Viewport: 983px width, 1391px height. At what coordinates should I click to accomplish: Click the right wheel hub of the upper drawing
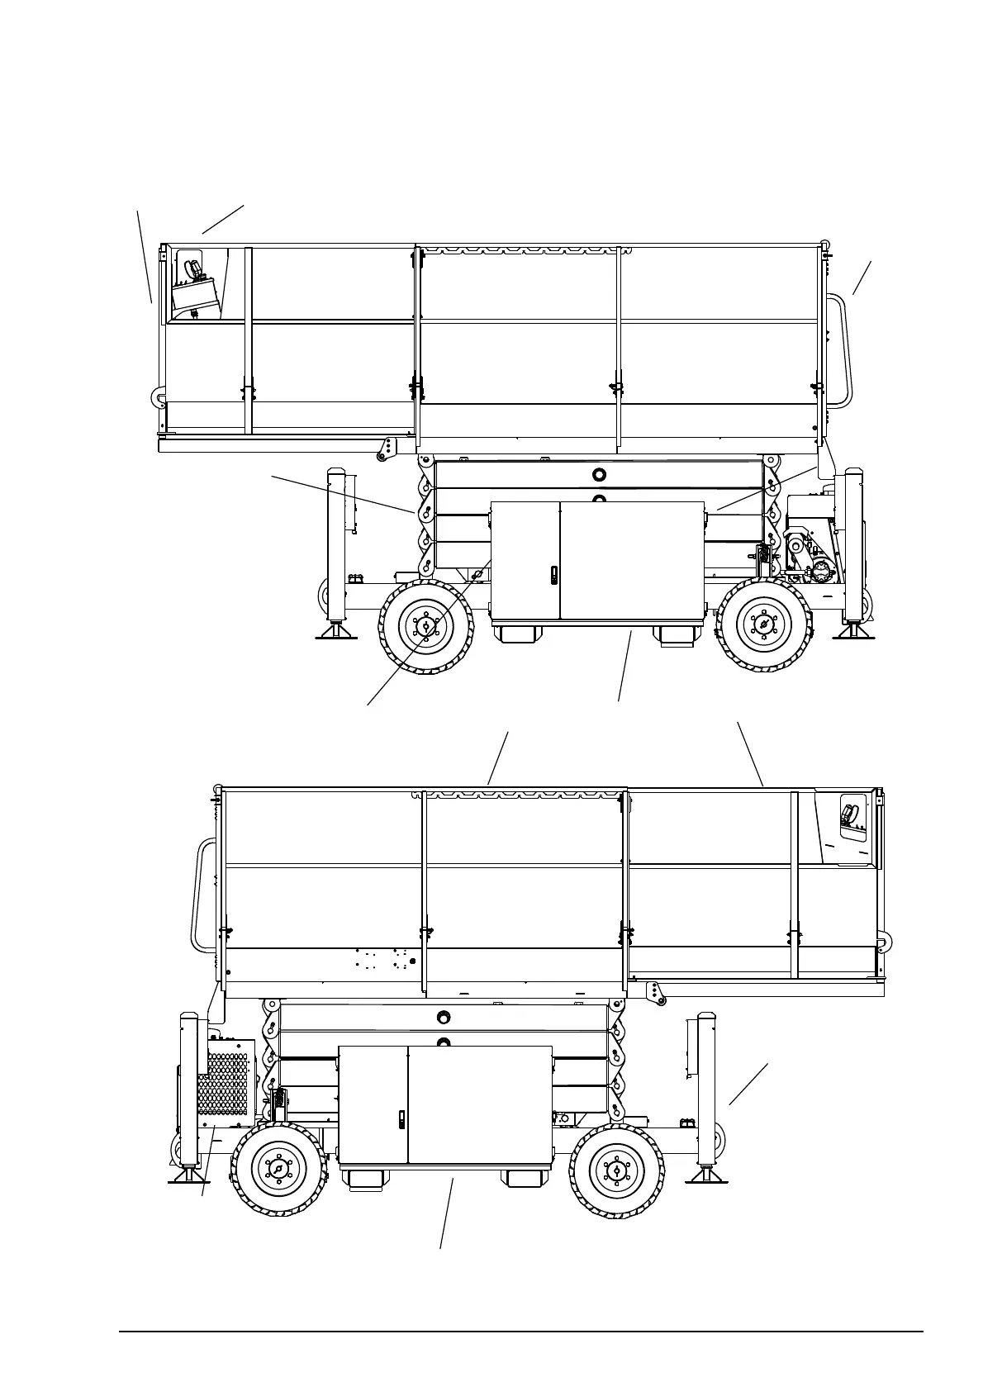pyautogui.click(x=763, y=625)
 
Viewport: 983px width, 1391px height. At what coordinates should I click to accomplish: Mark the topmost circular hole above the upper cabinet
pyautogui.click(x=599, y=474)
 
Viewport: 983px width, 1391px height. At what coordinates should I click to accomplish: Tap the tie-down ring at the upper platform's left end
pyautogui.click(x=155, y=398)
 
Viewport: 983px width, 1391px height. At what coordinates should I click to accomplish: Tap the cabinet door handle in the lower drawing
pyautogui.click(x=401, y=1119)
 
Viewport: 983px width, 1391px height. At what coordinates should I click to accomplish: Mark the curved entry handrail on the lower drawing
pyautogui.click(x=202, y=896)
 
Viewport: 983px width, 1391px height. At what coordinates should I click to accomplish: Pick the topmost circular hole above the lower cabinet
pyautogui.click(x=444, y=1017)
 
